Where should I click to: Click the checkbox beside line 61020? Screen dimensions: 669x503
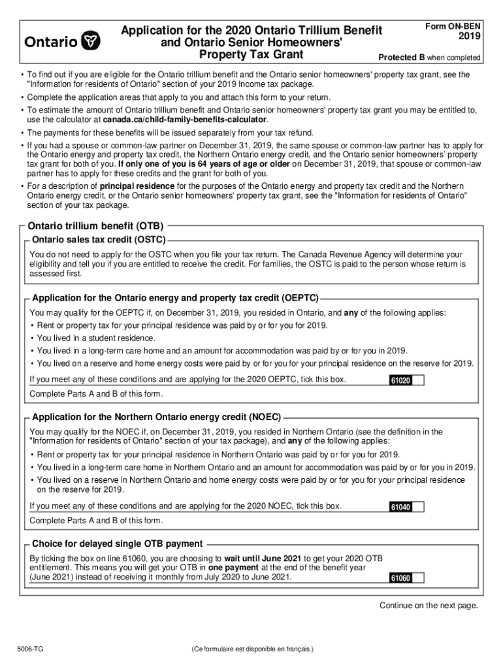418,380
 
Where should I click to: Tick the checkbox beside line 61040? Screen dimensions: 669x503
418,507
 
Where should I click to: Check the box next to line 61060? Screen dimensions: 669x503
418,578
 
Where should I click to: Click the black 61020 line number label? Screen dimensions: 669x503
400,381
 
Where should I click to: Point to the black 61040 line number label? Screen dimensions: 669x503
400,508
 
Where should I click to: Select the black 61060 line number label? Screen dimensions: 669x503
400,578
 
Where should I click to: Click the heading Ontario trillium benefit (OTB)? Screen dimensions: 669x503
95,225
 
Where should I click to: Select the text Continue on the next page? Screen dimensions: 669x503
429,606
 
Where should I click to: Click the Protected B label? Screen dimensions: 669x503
395,57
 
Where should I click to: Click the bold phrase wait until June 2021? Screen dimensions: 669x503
263,559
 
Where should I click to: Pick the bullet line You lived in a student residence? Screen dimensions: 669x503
96,338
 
